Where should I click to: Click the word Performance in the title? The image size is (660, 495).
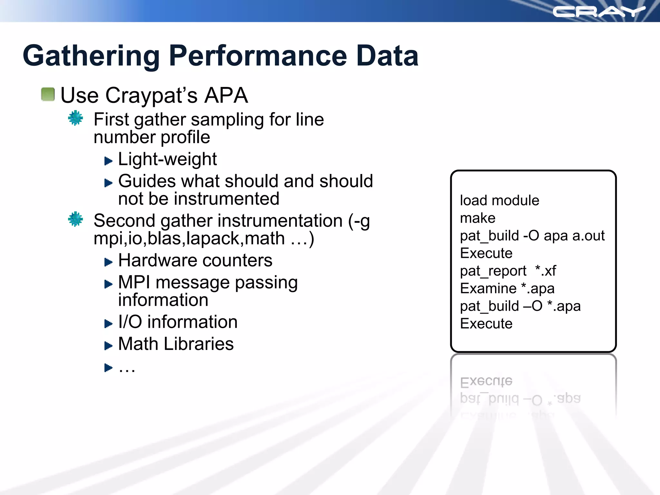pyautogui.click(x=258, y=56)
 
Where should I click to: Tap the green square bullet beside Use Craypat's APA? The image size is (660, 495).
pyautogui.click(x=48, y=94)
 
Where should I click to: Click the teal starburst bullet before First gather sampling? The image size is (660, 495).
pyautogui.click(x=75, y=118)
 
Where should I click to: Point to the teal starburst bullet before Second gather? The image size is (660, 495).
pyautogui.click(x=75, y=219)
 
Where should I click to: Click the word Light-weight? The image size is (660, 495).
pyautogui.click(x=167, y=159)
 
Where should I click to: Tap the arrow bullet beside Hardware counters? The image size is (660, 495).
pyautogui.click(x=108, y=262)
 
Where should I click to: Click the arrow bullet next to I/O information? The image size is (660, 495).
pyautogui.click(x=108, y=324)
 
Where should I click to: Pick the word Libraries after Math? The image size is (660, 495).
pyautogui.click(x=199, y=344)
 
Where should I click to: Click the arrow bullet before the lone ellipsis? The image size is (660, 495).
pyautogui.click(x=108, y=367)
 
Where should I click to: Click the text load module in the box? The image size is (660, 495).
pyautogui.click(x=499, y=200)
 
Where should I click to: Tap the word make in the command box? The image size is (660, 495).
pyautogui.click(x=477, y=218)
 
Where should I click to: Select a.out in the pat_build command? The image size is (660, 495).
pyautogui.click(x=588, y=236)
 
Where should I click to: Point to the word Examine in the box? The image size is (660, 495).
pyautogui.click(x=488, y=288)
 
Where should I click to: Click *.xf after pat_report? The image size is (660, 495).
pyautogui.click(x=545, y=271)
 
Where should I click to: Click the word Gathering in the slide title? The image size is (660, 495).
pyautogui.click(x=91, y=56)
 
